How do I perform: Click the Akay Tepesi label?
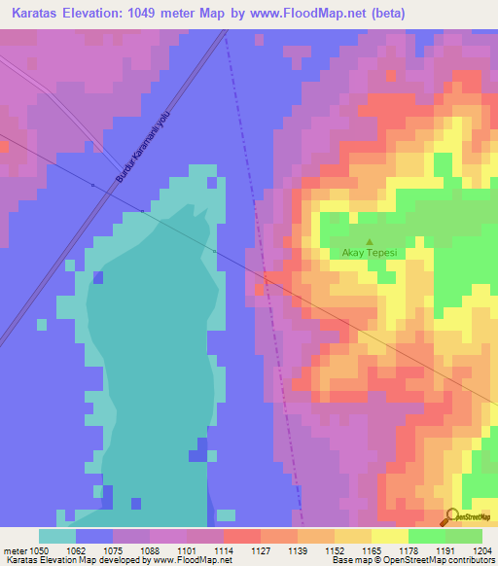[369, 254]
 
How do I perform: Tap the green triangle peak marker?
[369, 241]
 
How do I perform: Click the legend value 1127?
[260, 549]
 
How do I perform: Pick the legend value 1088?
[149, 549]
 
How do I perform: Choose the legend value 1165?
[371, 549]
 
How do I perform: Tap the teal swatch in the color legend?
[56, 536]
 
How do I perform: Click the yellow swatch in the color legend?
[389, 536]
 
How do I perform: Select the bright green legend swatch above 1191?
[426, 536]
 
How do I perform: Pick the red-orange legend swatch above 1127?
[241, 536]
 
